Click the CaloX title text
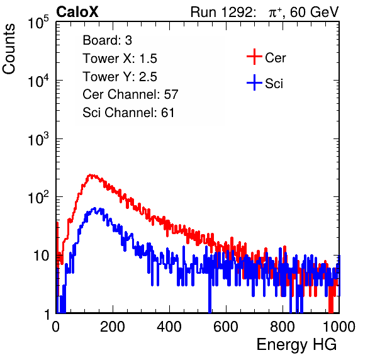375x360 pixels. tap(77, 12)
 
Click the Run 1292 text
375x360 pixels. tap(221, 12)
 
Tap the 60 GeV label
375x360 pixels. tap(314, 12)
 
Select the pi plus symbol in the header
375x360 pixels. tap(275, 12)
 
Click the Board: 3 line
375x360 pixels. tap(108, 40)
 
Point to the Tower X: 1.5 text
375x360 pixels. tap(120, 59)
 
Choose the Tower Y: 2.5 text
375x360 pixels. tap(120, 77)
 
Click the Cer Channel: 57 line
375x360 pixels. tap(131, 94)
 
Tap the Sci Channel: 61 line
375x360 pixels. tap(128, 113)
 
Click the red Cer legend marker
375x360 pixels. tap(254, 57)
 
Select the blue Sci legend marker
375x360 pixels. tap(254, 83)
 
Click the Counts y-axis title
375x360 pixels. tap(9, 49)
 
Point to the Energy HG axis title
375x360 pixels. tap(296, 345)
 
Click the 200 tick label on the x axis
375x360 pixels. tap(113, 327)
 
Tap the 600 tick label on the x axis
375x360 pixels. tap(226, 327)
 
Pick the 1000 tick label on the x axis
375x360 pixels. tap(339, 327)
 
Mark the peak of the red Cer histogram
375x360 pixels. tap(90, 175)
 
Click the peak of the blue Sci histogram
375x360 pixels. tap(95, 208)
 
